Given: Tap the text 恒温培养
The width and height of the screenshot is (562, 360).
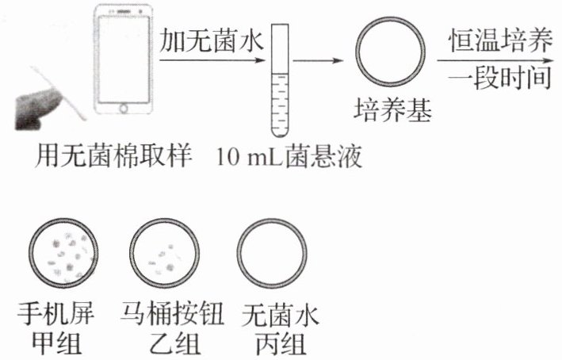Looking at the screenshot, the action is (x=498, y=40).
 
